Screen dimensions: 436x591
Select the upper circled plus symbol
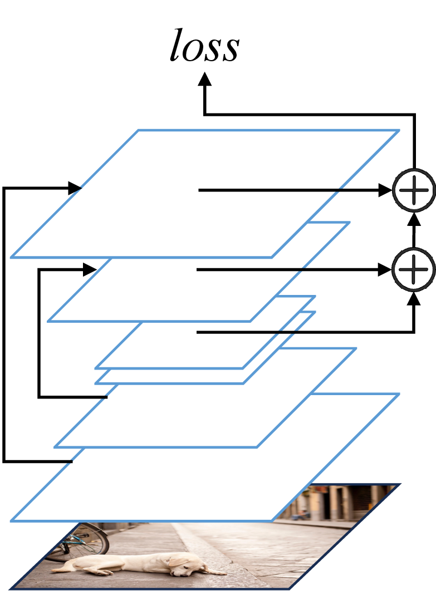click(414, 190)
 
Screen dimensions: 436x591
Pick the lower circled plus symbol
click(414, 269)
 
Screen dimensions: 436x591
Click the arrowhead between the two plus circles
click(414, 219)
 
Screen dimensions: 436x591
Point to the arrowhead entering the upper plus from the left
click(385, 190)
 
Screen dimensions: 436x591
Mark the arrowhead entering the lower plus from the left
click(385, 269)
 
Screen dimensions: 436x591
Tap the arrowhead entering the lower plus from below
click(414, 298)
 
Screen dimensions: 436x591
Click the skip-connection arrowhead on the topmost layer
click(75, 188)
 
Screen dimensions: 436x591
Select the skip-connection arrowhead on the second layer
click(90, 269)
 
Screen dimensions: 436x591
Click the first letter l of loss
click(177, 45)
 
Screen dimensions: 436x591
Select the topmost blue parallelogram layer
click(205, 194)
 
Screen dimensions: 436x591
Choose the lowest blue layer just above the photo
click(205, 457)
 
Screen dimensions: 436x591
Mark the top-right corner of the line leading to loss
click(414, 114)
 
